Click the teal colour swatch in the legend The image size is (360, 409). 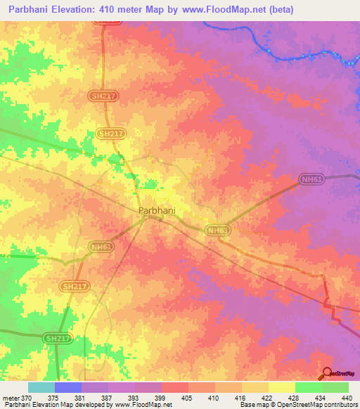(41, 387)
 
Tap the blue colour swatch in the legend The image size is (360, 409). (68, 387)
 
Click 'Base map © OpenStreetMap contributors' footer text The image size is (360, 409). (297, 405)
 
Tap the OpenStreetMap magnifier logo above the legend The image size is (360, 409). (327, 374)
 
